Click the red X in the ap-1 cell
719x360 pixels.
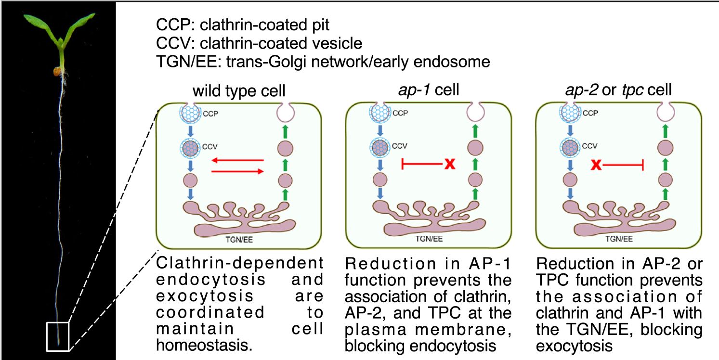[x=449, y=165]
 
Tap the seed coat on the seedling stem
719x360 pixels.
[x=57, y=72]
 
